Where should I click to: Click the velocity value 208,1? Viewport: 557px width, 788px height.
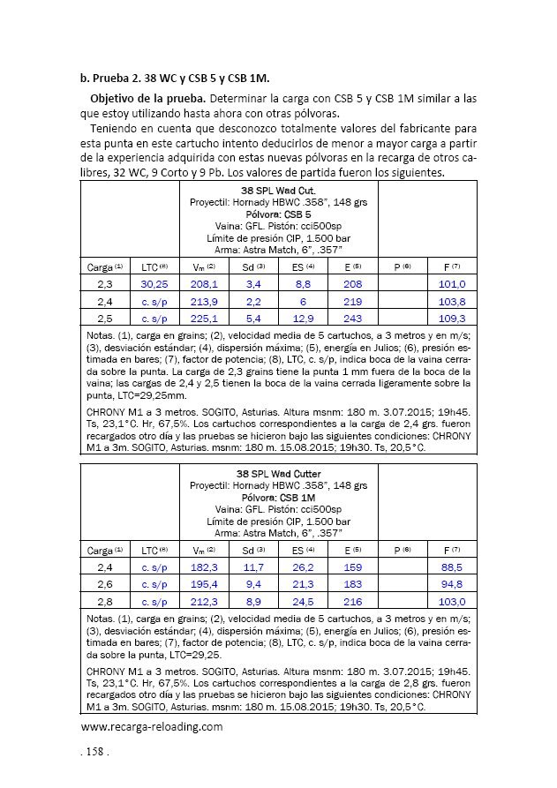click(204, 284)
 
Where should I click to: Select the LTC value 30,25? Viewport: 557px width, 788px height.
click(154, 284)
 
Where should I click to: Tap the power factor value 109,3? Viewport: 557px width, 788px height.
click(452, 317)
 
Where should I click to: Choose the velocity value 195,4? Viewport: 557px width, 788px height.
click(204, 584)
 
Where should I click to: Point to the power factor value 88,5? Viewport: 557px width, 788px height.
click(452, 567)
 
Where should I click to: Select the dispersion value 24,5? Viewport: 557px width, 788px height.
click(304, 601)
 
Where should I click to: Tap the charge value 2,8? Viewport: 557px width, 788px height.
click(104, 601)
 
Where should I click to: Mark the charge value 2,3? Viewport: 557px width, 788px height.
click(104, 284)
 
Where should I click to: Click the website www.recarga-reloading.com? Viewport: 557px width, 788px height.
click(151, 727)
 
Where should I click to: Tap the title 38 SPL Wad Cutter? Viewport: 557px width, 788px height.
click(278, 474)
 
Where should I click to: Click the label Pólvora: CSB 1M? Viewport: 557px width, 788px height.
click(278, 497)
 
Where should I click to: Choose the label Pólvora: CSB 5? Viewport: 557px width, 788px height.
click(278, 214)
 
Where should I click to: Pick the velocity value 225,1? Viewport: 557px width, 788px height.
click(204, 317)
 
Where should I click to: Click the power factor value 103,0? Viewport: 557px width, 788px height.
click(452, 601)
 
